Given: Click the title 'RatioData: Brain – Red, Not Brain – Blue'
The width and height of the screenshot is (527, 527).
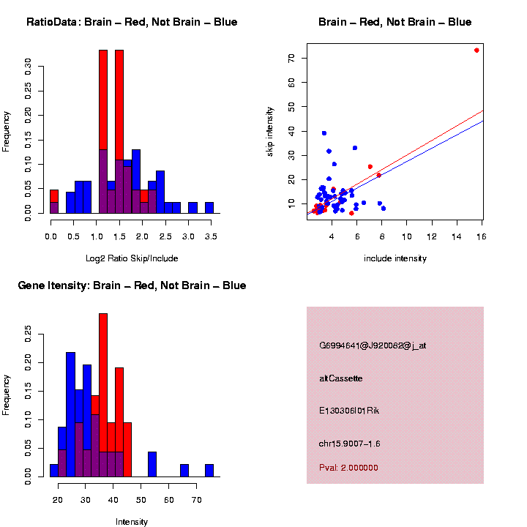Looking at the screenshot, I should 132,22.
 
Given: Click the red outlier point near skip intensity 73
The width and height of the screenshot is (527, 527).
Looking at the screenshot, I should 476,51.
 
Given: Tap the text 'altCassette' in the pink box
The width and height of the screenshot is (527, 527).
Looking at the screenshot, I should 341,378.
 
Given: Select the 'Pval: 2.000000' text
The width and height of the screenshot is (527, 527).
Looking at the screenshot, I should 348,468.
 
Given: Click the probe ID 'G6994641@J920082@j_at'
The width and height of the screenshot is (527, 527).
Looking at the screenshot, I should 373,345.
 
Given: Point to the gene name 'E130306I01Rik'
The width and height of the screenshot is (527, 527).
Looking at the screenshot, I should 349,411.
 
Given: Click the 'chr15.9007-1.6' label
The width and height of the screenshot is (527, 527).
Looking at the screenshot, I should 350,444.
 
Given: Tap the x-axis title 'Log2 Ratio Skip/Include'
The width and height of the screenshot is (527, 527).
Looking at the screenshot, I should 132,258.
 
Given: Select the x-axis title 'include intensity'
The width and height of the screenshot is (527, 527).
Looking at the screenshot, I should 395,258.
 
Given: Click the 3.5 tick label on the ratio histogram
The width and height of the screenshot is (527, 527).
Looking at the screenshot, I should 209,237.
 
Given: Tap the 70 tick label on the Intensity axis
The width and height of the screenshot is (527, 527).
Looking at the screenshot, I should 196,500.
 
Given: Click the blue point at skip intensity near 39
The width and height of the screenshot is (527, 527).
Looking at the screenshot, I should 324,133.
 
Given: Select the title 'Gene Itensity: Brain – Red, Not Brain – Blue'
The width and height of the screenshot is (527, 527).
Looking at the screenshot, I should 132,285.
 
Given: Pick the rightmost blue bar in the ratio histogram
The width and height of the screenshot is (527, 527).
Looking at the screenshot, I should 209,207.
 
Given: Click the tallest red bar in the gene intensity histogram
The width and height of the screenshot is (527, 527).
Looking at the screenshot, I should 103,395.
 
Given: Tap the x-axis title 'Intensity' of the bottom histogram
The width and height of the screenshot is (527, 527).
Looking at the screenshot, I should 132,522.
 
